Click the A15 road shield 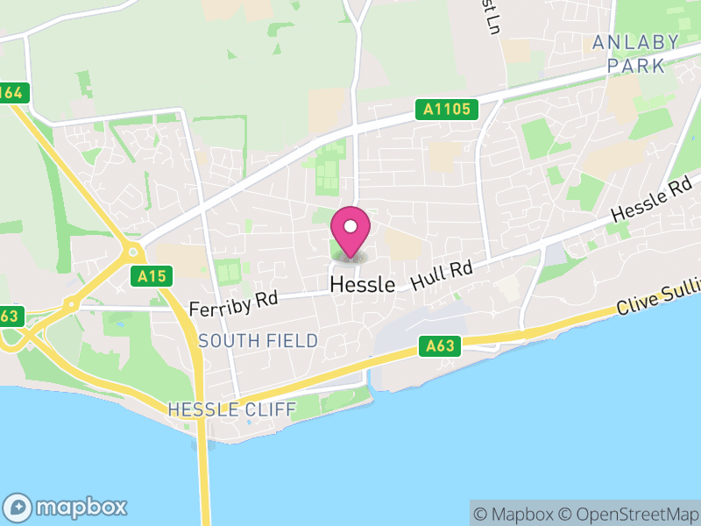click(x=152, y=276)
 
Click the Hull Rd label click(x=442, y=276)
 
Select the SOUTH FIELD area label click(x=258, y=341)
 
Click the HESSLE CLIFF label click(x=231, y=409)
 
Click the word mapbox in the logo click(x=81, y=507)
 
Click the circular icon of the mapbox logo click(x=19, y=507)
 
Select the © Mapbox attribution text click(x=515, y=514)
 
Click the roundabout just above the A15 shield click(x=133, y=252)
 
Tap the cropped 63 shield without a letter click(x=9, y=316)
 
